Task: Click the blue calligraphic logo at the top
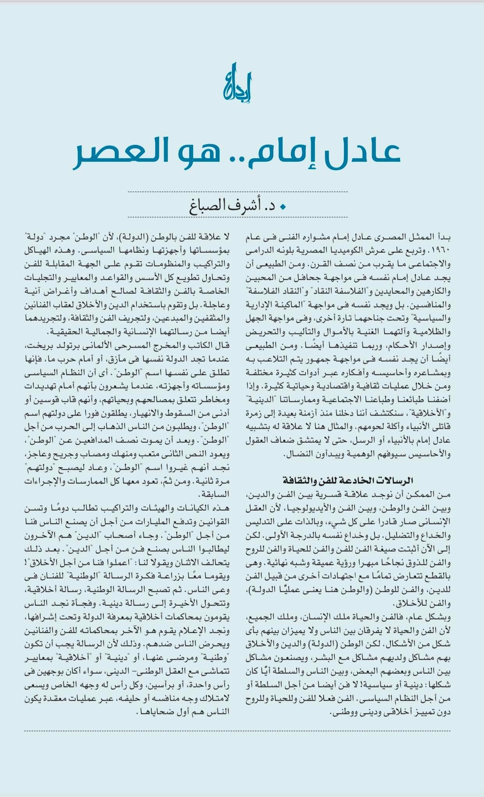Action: [237, 83]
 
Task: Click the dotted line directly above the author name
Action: [238, 192]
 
